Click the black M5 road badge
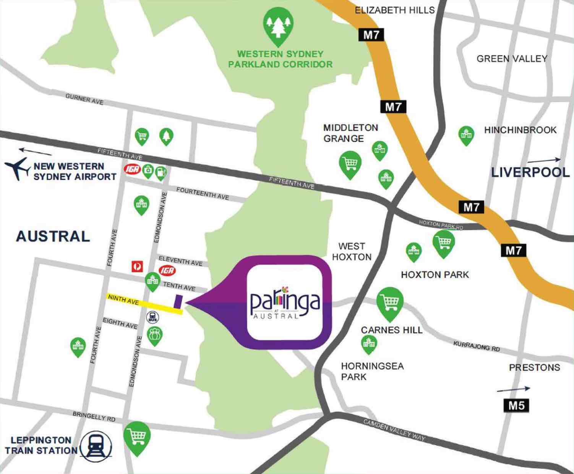(x=516, y=405)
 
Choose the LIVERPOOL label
(x=530, y=172)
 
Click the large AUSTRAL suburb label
(x=53, y=236)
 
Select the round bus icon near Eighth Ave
(x=152, y=317)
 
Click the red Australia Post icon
(x=137, y=266)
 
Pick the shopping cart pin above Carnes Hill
(x=389, y=303)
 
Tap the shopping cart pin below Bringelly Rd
(x=137, y=437)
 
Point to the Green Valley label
(x=512, y=58)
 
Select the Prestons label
(x=534, y=367)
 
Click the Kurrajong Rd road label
(x=476, y=346)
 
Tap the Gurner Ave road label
(x=84, y=99)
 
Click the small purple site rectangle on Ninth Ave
(x=178, y=301)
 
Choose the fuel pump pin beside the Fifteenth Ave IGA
(x=161, y=173)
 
